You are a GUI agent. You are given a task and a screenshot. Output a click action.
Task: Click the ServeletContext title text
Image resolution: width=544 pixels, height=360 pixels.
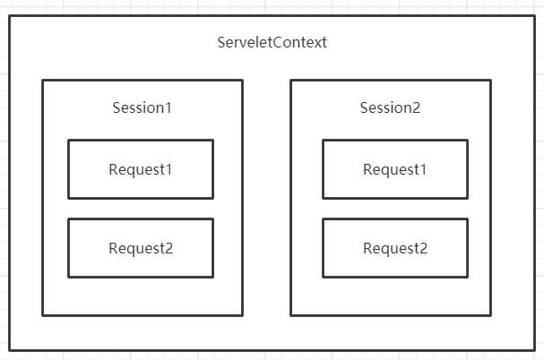click(272, 42)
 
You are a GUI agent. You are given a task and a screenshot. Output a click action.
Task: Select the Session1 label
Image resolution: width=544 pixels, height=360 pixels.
click(142, 107)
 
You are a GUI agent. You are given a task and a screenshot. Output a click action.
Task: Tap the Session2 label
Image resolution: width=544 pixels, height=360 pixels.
click(390, 107)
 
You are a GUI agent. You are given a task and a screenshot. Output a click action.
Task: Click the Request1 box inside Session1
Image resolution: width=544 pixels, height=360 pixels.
click(141, 169)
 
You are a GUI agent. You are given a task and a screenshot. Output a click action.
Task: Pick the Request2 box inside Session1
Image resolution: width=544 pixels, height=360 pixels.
click(141, 248)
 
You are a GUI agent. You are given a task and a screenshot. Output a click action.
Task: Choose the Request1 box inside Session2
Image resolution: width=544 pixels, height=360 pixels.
click(395, 169)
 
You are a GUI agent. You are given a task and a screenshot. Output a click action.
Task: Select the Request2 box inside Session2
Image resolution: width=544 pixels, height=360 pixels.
click(395, 248)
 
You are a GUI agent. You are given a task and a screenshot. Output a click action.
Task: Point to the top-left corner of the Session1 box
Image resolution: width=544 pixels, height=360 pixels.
click(42, 81)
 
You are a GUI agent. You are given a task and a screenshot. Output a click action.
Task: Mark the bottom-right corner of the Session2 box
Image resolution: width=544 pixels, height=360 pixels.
click(491, 315)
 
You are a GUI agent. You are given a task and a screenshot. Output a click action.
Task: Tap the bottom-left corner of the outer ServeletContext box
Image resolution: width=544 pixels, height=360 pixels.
click(10, 349)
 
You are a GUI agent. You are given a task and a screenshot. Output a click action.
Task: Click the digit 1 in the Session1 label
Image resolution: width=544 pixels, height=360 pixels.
click(168, 107)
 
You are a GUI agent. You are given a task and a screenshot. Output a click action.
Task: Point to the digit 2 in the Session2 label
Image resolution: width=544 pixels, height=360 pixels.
click(416, 107)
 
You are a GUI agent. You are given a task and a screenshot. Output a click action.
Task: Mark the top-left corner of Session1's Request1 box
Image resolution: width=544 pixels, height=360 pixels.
click(68, 140)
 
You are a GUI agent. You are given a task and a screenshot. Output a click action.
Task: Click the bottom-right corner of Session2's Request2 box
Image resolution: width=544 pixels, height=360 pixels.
click(468, 278)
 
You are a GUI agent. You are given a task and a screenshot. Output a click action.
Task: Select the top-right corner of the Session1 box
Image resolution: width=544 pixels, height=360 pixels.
click(242, 81)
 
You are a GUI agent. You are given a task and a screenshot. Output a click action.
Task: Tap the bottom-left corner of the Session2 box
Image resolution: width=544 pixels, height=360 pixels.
click(290, 315)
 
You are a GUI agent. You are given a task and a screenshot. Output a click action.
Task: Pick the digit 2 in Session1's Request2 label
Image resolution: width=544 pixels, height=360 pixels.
click(168, 248)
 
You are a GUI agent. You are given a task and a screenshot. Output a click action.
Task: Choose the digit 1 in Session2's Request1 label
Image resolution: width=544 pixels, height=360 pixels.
click(423, 169)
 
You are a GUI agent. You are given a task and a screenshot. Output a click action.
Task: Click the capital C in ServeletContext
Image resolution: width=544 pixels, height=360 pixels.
click(278, 42)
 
